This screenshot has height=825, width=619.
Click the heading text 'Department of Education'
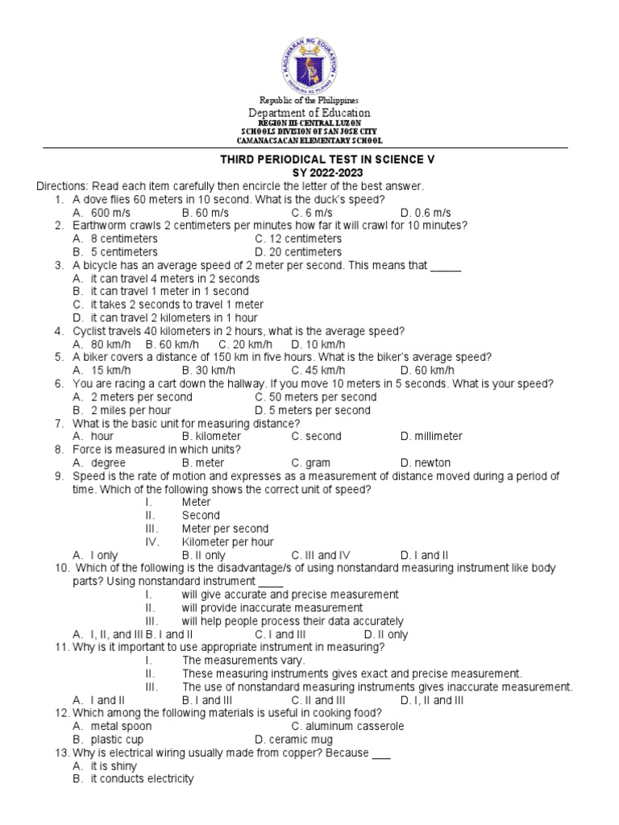[309, 113]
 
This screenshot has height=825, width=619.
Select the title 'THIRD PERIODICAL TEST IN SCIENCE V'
[327, 160]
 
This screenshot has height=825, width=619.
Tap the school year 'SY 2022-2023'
[327, 172]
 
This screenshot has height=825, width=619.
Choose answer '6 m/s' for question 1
[307, 212]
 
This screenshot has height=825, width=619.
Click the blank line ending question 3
[445, 265]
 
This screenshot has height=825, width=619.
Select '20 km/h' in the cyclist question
[241, 344]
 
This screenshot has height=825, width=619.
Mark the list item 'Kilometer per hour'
[227, 542]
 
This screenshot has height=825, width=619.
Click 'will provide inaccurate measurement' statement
[272, 607]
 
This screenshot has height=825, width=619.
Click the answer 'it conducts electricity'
[141, 779]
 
